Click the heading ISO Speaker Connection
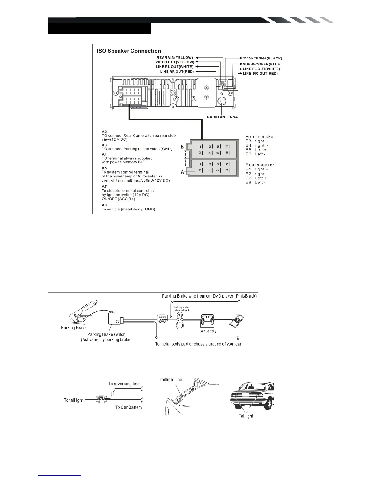point(129,51)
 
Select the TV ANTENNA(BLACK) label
point(262,58)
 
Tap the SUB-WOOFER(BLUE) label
point(262,64)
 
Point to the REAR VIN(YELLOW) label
point(175,57)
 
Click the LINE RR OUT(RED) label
point(177,72)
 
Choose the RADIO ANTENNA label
point(222,117)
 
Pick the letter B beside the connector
point(182,147)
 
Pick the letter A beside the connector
point(182,172)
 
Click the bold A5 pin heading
point(104,168)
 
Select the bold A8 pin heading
point(104,205)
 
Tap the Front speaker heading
point(260,137)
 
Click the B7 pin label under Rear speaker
point(248,178)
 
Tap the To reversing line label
point(124,384)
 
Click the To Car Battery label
point(129,407)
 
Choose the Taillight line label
point(171,380)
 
